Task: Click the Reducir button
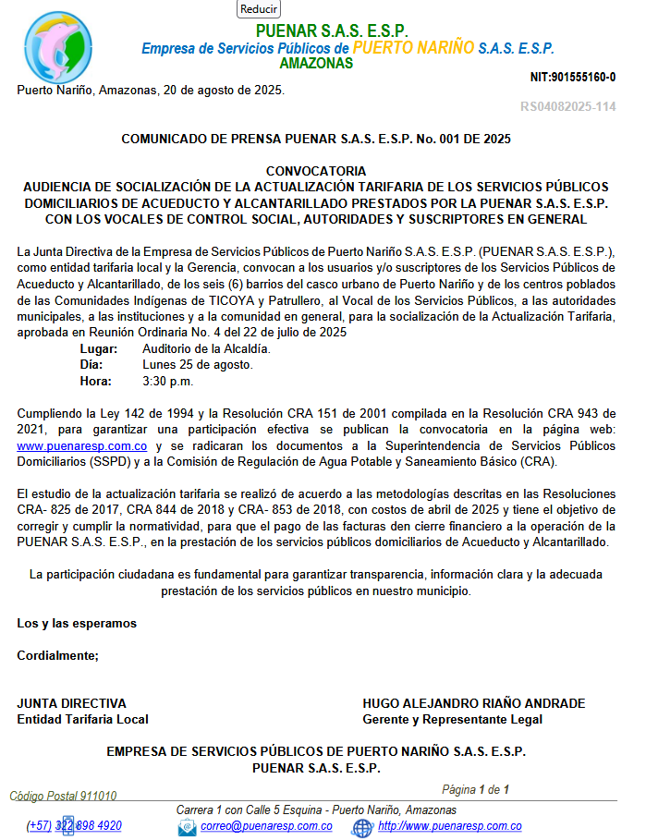pos(259,9)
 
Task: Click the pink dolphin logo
pos(57,48)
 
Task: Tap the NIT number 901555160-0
pos(573,78)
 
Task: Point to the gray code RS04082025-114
pos(567,107)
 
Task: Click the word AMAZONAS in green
pos(316,64)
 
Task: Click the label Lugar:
pos(99,348)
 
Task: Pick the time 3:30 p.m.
pos(167,380)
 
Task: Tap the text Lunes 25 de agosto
pos(197,364)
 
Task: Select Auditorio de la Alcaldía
pos(206,348)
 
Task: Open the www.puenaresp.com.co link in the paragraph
pos(69,445)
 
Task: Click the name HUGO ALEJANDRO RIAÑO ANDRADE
pos(473,703)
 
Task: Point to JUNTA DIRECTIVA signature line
pos(71,703)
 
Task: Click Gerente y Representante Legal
pos(452,719)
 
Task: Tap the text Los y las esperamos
pos(77,624)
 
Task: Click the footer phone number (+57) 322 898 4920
pos(74,826)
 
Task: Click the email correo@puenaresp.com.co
pos(266,826)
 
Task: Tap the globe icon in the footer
pos(361,827)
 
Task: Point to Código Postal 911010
pos(63,796)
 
